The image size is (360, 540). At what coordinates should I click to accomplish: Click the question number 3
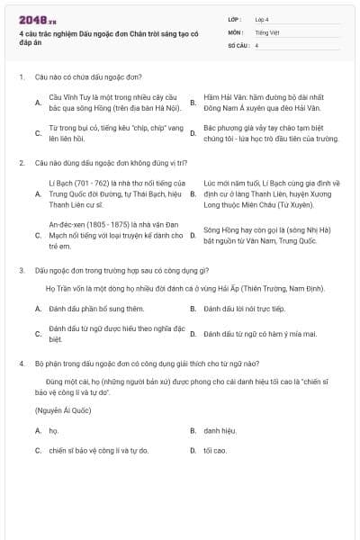pyautogui.click(x=21, y=270)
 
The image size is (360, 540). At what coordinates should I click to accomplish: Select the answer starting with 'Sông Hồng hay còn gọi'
pyautogui.click(x=260, y=235)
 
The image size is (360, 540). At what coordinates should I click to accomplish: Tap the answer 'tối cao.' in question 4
pyautogui.click(x=214, y=450)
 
